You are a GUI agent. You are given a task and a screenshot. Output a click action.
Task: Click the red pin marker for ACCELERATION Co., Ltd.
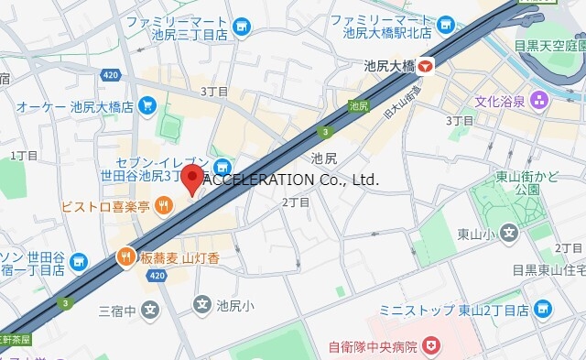(192, 178)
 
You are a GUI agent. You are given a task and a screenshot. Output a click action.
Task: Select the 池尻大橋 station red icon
(429, 66)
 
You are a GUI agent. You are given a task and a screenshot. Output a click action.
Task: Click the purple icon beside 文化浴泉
(541, 100)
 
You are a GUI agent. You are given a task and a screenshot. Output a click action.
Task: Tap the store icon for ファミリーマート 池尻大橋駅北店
(446, 26)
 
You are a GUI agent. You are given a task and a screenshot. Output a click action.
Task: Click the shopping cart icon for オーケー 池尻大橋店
(147, 106)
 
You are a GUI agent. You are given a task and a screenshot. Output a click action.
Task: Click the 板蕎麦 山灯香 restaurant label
(181, 259)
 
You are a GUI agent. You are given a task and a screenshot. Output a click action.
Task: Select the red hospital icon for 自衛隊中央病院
(430, 346)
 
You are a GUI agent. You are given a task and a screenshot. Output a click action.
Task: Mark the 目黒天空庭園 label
(549, 44)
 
